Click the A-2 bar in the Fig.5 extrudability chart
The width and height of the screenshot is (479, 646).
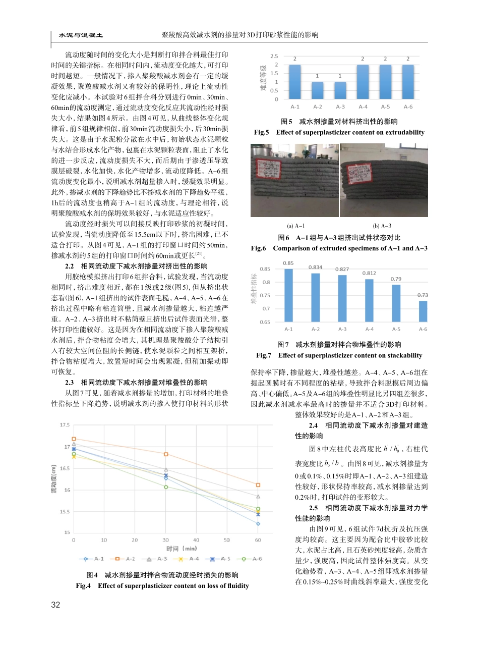pos(318,90)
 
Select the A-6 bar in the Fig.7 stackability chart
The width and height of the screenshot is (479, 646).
pos(423,311)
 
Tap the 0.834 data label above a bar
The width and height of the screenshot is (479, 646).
pos(315,267)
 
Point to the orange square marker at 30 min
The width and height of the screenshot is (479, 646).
pos(166,454)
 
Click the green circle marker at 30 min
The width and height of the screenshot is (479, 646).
pos(166,487)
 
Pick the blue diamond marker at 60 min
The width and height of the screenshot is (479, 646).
pos(258,524)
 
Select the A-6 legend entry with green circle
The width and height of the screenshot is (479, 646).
pos(252,559)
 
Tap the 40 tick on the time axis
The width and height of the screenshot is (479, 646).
pos(197,540)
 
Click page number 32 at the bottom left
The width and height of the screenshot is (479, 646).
pos(56,605)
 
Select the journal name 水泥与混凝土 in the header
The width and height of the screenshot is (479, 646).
pos(81,35)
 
